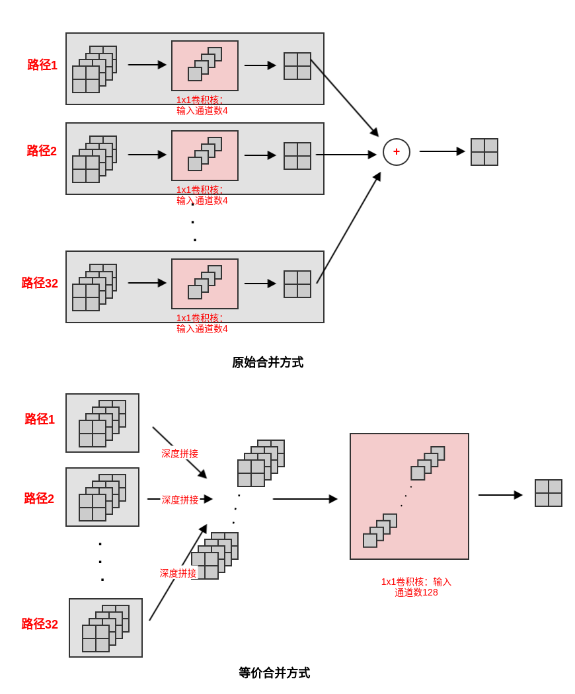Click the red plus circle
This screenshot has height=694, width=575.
(397, 152)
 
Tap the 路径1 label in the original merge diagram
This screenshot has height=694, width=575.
(42, 65)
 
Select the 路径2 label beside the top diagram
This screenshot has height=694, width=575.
(42, 151)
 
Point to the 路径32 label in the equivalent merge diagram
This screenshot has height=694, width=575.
(40, 624)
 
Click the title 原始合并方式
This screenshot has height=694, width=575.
(268, 362)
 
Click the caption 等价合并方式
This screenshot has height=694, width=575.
(274, 673)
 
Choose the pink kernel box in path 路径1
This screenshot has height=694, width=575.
(205, 66)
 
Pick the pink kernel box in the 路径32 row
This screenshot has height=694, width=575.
(205, 284)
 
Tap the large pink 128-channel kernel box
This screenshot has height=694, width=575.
(409, 496)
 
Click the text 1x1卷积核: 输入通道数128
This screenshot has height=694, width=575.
(416, 587)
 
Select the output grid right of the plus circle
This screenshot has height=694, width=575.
(484, 152)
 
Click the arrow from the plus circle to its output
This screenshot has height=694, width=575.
(441, 151)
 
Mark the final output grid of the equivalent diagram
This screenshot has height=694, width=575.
(549, 493)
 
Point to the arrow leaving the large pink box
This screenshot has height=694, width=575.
(500, 495)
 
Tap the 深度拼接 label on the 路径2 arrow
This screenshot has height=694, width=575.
(180, 500)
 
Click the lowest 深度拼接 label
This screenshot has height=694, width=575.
(178, 573)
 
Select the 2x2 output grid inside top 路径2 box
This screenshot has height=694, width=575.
(297, 156)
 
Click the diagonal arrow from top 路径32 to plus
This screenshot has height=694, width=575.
(348, 228)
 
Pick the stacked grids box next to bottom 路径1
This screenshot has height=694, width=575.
(102, 423)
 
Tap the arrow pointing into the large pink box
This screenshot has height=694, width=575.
(305, 499)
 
